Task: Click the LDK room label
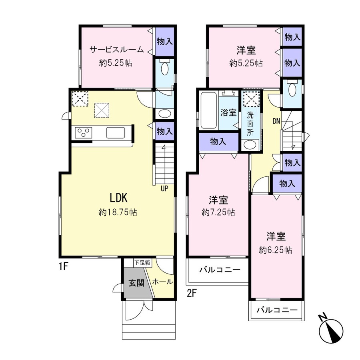click(x=118, y=198)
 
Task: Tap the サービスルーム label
click(x=116, y=49)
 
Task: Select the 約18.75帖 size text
click(x=118, y=212)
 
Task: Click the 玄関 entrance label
click(x=136, y=283)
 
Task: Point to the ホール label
click(x=162, y=282)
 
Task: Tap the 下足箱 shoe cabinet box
click(x=142, y=263)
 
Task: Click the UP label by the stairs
click(x=164, y=188)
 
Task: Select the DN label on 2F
click(x=276, y=121)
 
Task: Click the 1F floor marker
click(x=63, y=266)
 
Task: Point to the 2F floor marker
click(x=192, y=293)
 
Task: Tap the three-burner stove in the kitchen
click(x=83, y=133)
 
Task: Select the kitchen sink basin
click(x=115, y=133)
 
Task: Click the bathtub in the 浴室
click(x=209, y=110)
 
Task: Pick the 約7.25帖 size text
click(x=218, y=212)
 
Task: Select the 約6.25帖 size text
click(x=276, y=250)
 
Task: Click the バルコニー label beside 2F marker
click(x=220, y=269)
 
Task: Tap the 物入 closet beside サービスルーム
click(x=165, y=42)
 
